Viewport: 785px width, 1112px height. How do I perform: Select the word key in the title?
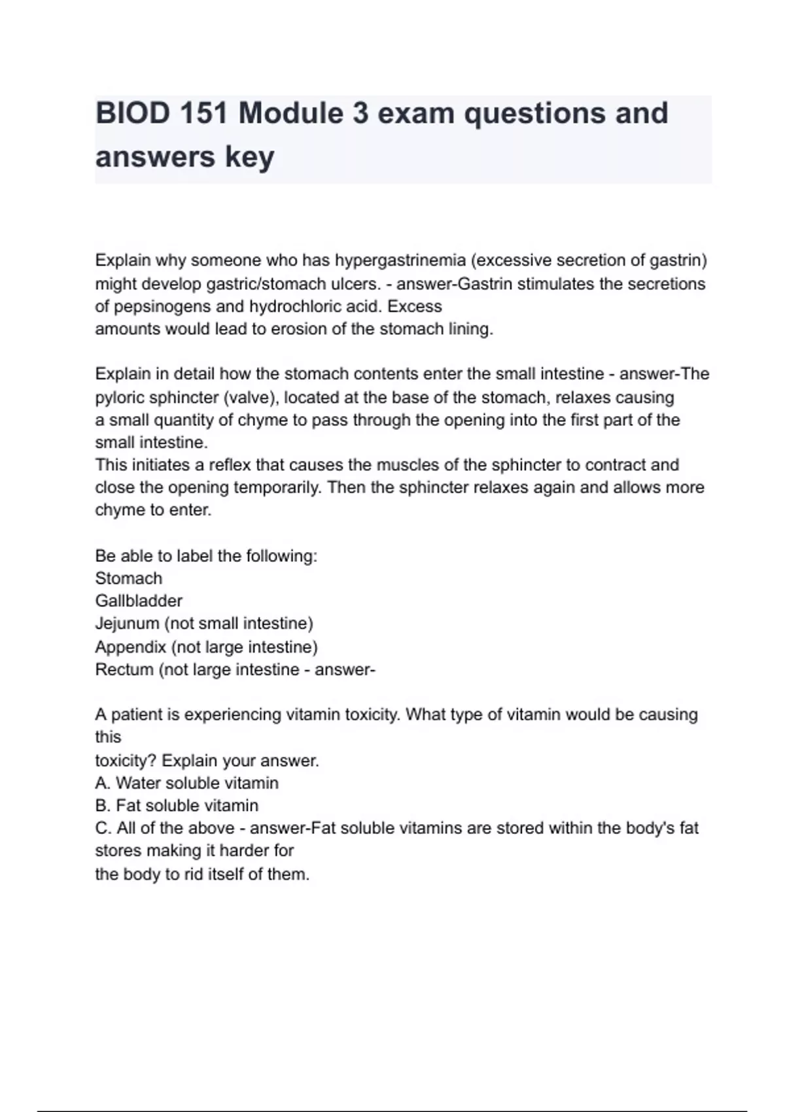click(249, 157)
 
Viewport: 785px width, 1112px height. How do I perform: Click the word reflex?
click(230, 465)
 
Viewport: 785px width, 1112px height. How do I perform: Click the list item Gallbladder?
click(139, 600)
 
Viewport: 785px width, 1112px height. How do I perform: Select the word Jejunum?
click(127, 623)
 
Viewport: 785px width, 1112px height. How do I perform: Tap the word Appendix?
click(131, 647)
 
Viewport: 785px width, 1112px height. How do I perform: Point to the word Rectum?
click(124, 670)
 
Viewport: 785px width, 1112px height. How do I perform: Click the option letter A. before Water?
click(103, 783)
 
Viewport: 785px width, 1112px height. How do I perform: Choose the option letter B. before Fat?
click(103, 805)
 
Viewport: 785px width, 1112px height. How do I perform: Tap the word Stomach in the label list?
click(129, 578)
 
